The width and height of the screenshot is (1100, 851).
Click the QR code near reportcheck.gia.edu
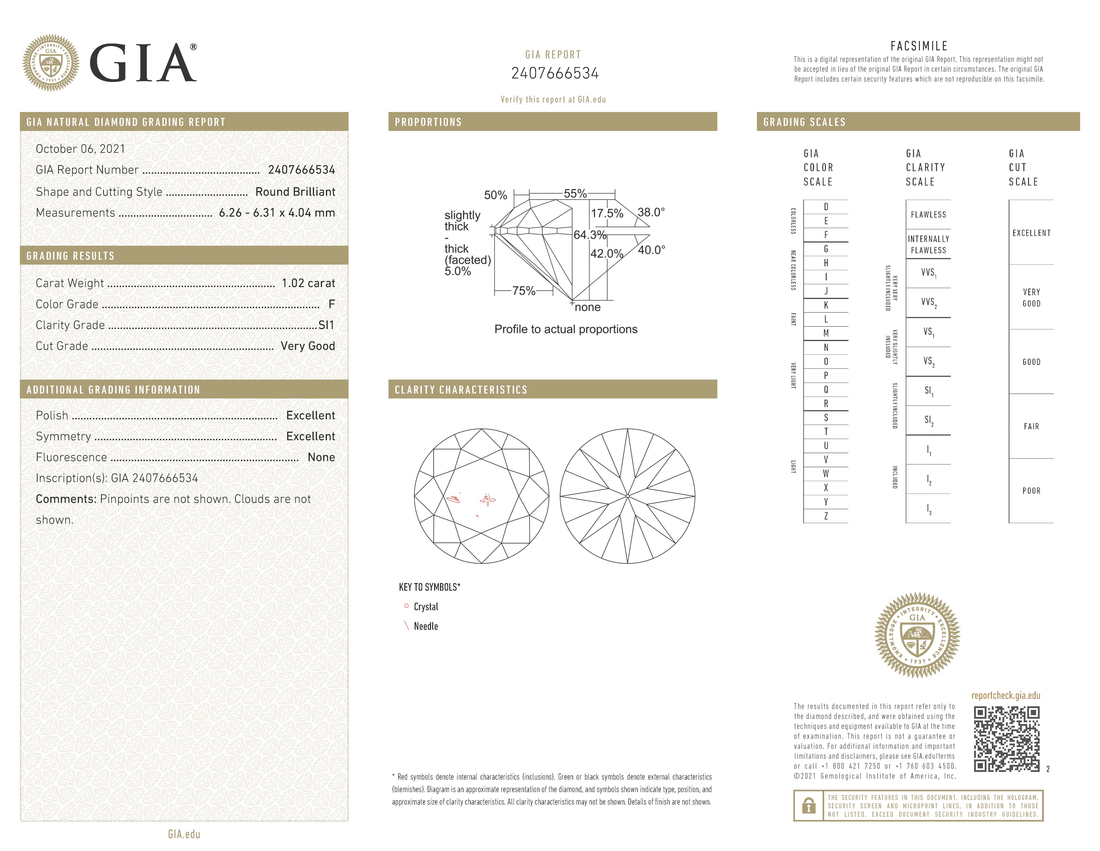[1006, 739]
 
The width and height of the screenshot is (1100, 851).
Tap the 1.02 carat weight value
[308, 283]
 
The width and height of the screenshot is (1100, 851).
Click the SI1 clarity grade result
[326, 325]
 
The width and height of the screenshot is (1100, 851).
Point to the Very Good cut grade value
[308, 346]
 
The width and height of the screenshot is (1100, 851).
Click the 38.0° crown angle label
[651, 212]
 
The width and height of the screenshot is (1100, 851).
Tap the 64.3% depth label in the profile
[590, 235]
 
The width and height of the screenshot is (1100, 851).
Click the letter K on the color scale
[826, 305]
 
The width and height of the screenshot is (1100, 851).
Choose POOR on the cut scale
[1031, 491]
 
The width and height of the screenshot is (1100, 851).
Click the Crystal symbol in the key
[406, 606]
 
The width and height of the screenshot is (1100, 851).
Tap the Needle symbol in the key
[406, 626]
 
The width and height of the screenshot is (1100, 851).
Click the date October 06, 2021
[80, 149]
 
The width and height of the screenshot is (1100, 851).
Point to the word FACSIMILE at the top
[919, 46]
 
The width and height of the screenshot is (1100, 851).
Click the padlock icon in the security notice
[808, 806]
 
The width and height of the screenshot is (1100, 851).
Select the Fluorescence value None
[321, 457]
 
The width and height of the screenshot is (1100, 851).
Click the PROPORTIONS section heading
[428, 122]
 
